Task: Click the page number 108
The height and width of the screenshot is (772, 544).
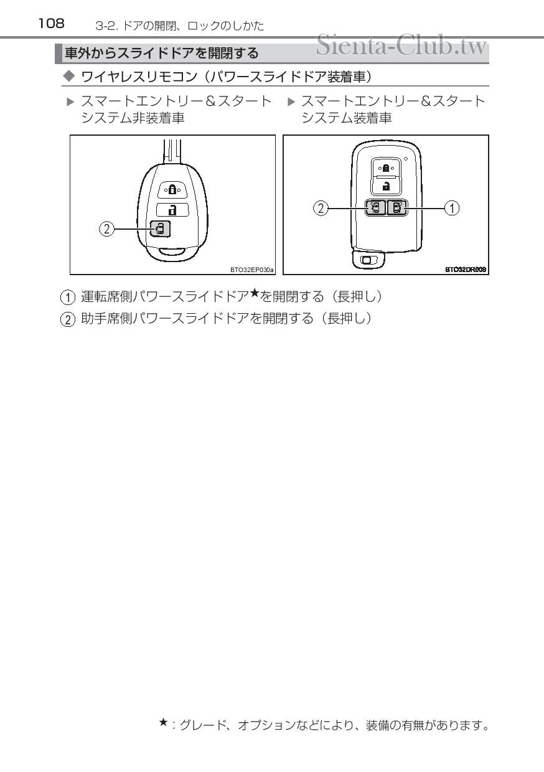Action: point(51,24)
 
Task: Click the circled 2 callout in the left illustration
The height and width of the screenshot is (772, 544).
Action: point(107,230)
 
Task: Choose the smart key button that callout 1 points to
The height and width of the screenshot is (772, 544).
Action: point(396,208)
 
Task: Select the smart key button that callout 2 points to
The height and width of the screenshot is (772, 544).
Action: point(375,208)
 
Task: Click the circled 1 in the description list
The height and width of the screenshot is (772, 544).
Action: point(72,298)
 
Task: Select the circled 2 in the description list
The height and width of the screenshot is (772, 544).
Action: point(72,319)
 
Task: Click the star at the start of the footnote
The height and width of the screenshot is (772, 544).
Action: point(163,723)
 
